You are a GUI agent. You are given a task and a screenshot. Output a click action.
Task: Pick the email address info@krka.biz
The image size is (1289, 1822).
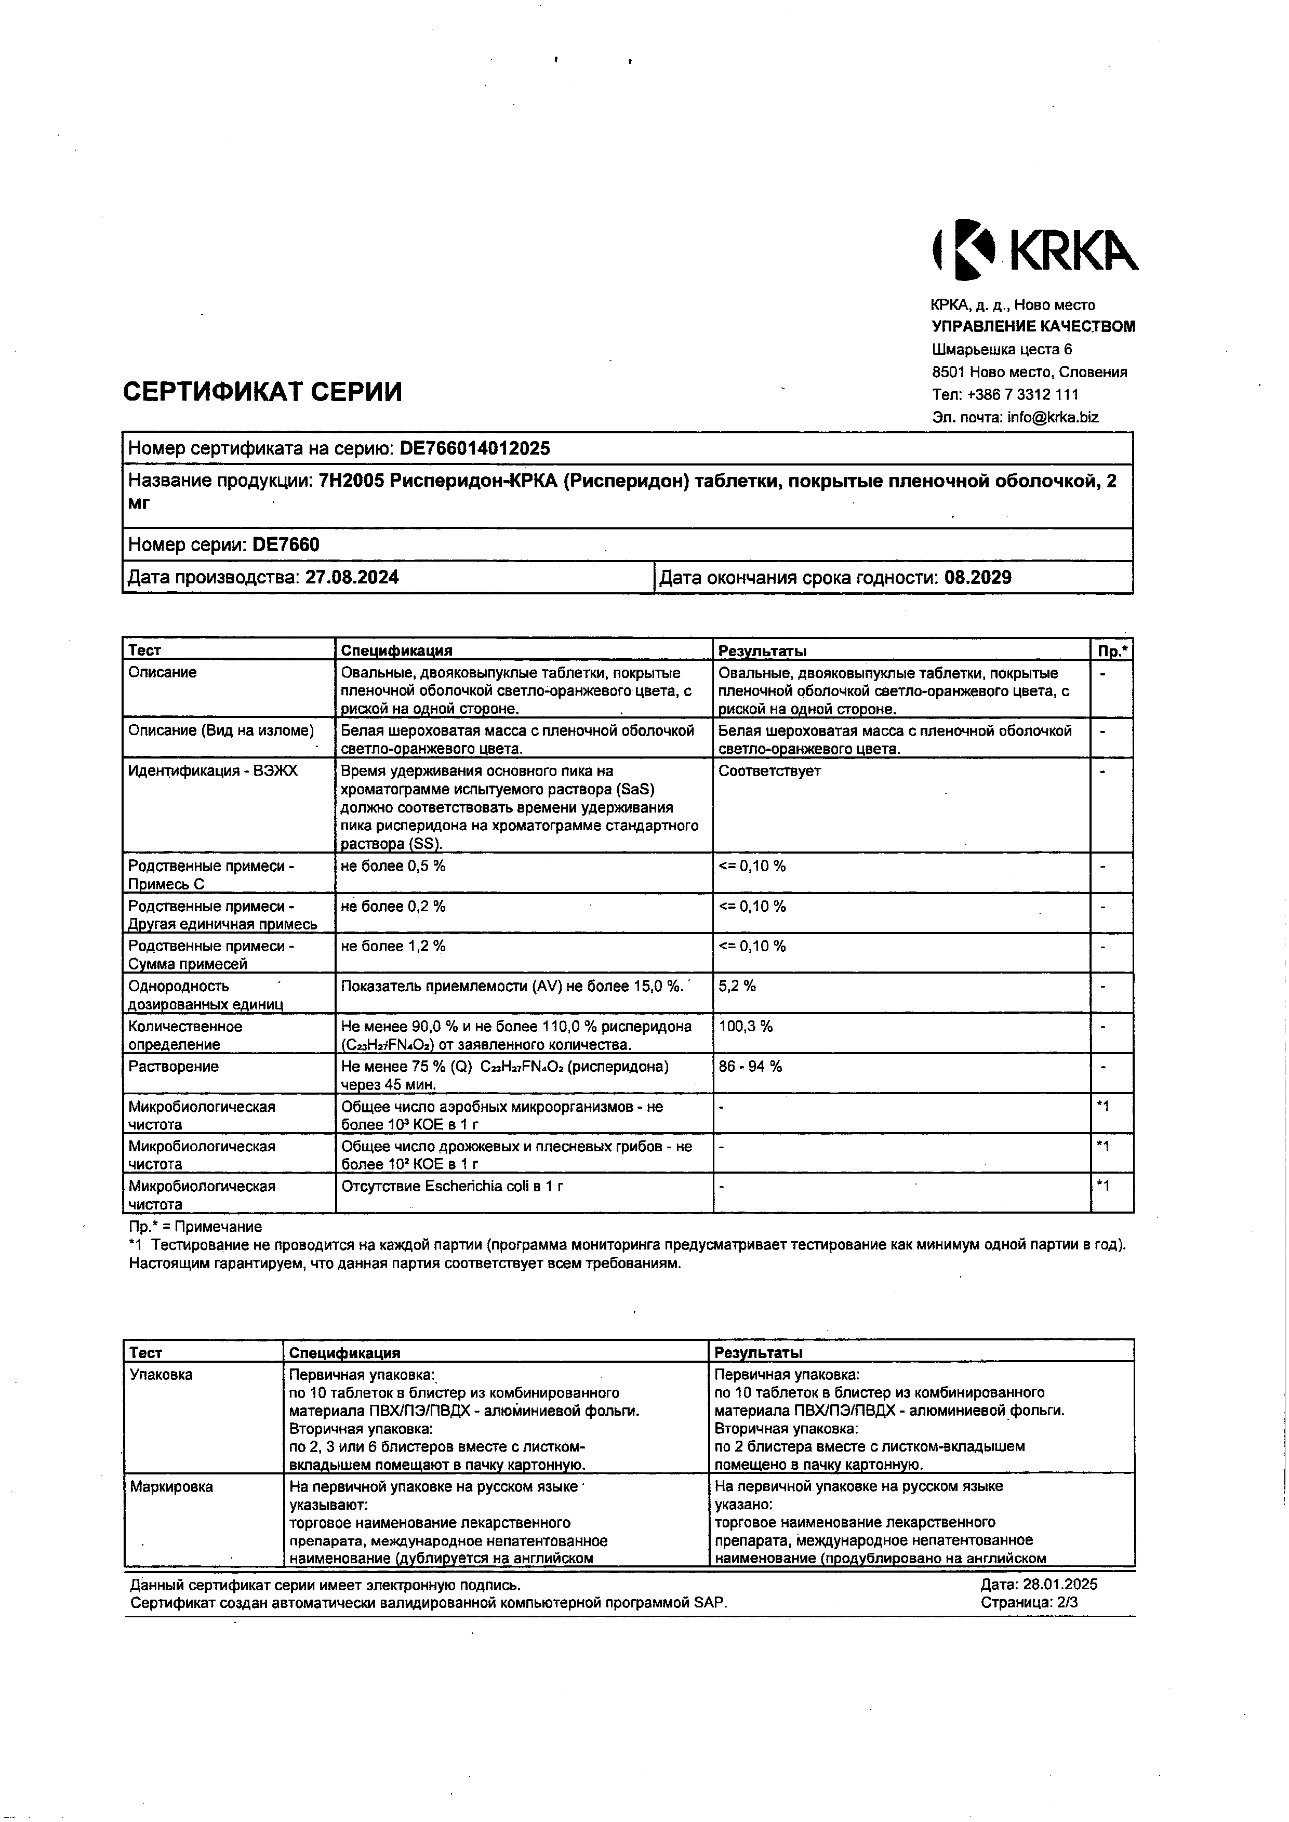(1053, 417)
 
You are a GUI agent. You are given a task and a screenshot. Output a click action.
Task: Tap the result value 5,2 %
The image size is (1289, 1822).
(737, 987)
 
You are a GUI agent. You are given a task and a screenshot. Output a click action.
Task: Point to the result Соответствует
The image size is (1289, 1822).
(769, 770)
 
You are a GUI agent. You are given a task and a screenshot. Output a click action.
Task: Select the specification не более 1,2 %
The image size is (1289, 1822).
(393, 946)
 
